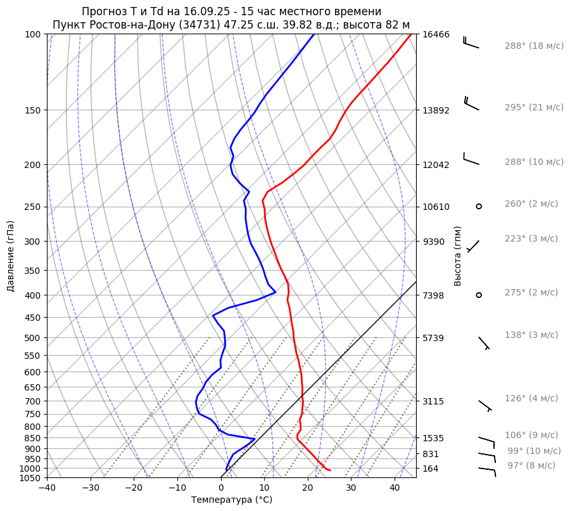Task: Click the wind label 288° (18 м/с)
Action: tap(534, 46)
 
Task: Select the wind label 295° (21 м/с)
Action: tap(534, 108)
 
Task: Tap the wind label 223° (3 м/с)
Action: tap(531, 239)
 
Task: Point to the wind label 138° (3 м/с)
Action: tap(531, 335)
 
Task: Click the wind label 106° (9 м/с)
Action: tap(531, 436)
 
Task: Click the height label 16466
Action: tap(436, 34)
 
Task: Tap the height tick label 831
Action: tap(431, 455)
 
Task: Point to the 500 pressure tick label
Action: tap(33, 338)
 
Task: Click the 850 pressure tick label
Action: tap(33, 438)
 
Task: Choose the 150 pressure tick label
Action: tap(33, 110)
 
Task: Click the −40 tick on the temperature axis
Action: tap(47, 488)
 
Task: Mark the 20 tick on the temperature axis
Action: tap(307, 488)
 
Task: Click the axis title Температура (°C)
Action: tap(232, 500)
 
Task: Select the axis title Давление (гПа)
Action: tap(11, 256)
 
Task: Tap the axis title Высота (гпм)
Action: tap(458, 256)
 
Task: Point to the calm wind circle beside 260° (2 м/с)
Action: tap(479, 206)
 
